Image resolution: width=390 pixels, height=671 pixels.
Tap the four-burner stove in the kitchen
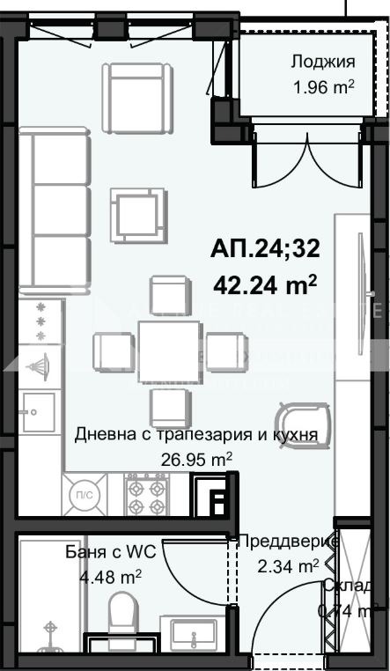147,496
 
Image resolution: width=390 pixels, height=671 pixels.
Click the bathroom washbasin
193,631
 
